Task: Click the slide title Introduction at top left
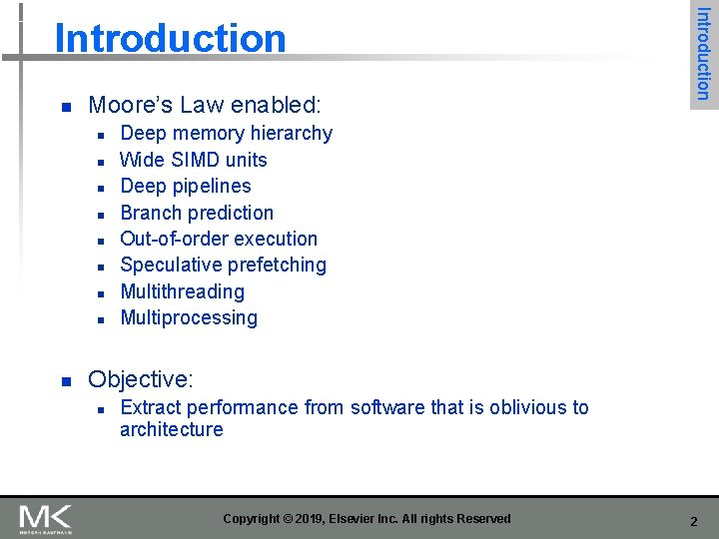(x=170, y=38)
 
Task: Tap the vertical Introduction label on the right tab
(x=702, y=53)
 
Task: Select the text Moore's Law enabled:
(x=205, y=105)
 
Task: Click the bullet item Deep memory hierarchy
(x=226, y=133)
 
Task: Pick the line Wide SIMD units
(x=193, y=160)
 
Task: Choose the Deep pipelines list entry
(x=185, y=186)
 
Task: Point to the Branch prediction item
(x=196, y=213)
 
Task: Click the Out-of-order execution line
(x=218, y=239)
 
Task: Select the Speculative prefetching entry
(x=223, y=265)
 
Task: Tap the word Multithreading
(x=182, y=291)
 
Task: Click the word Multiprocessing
(x=188, y=317)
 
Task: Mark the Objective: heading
(x=140, y=379)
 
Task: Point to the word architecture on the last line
(x=171, y=430)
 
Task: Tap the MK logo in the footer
(x=45, y=518)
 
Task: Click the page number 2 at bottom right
(x=693, y=519)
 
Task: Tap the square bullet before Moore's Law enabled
(x=64, y=107)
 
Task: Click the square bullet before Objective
(x=64, y=381)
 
